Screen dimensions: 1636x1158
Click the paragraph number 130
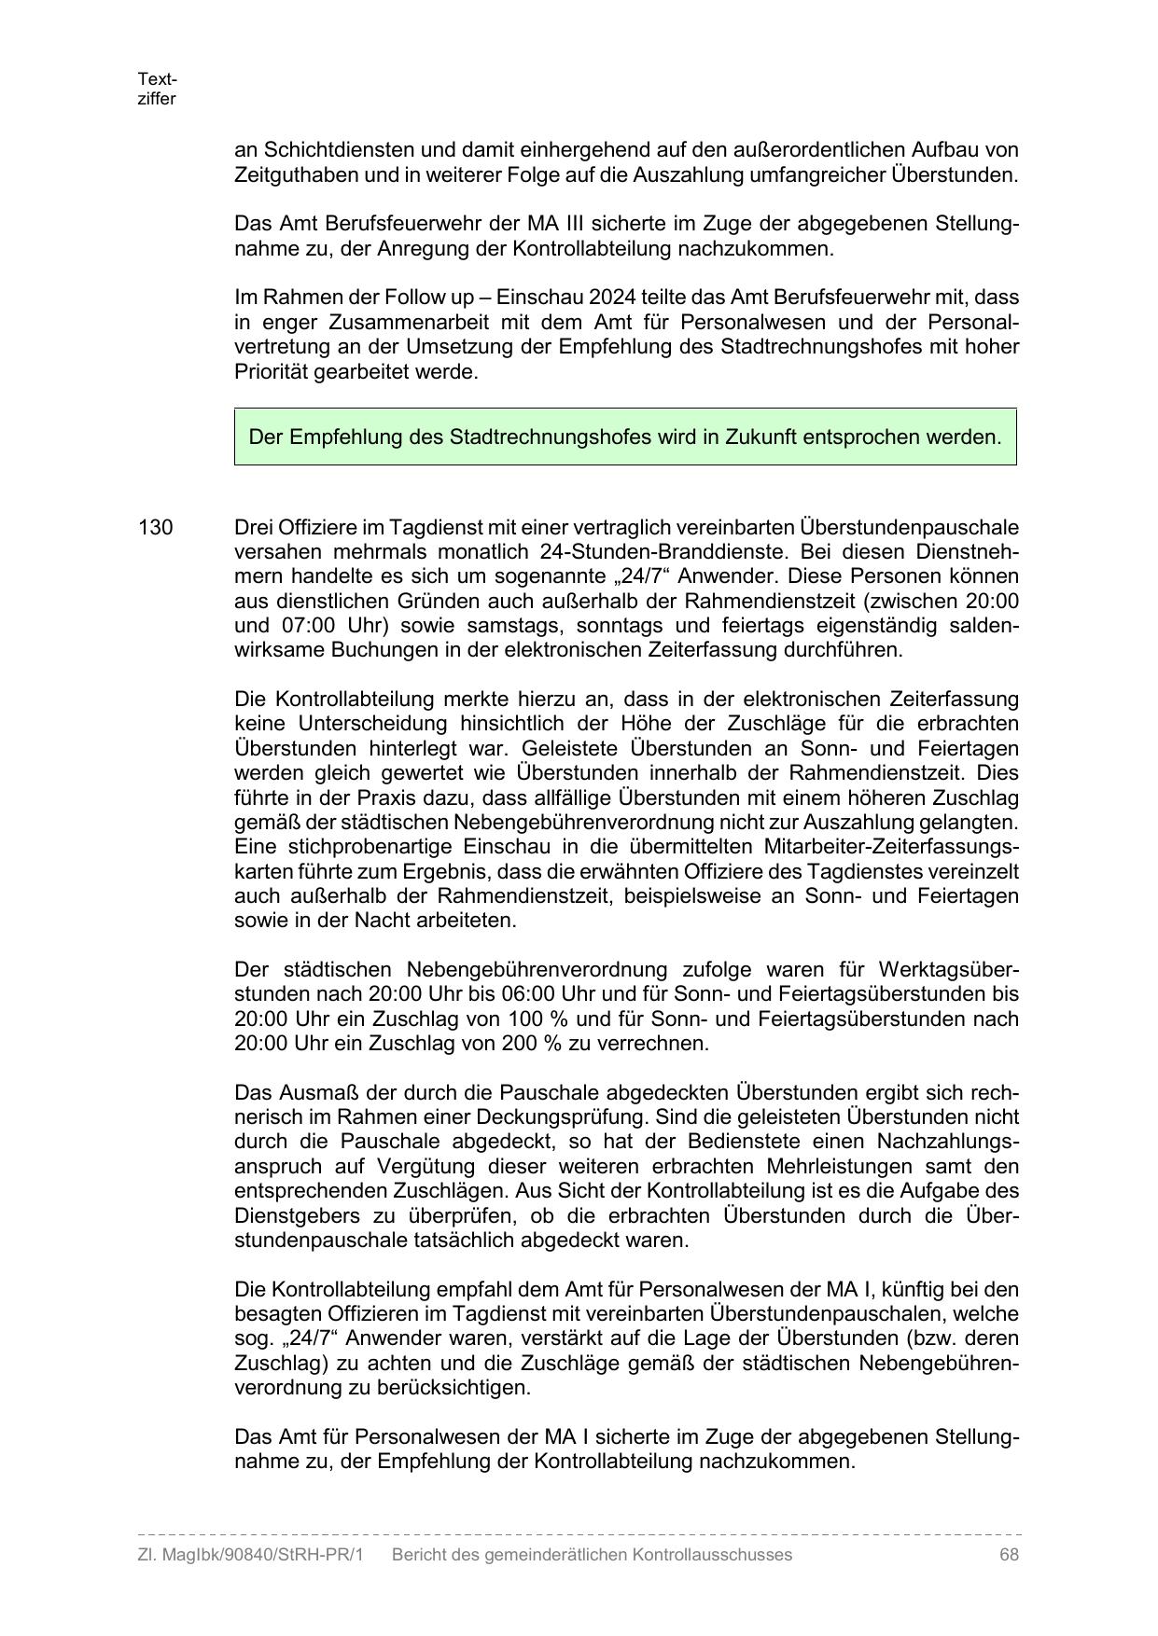[155, 528]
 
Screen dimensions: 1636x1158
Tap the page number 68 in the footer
[1008, 1555]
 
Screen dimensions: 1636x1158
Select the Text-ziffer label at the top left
[156, 90]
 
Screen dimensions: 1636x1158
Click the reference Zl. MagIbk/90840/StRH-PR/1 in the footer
[250, 1555]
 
